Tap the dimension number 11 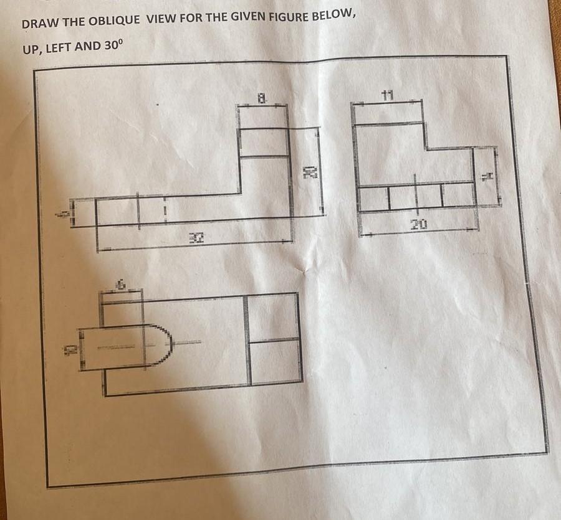388,95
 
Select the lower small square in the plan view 275,360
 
